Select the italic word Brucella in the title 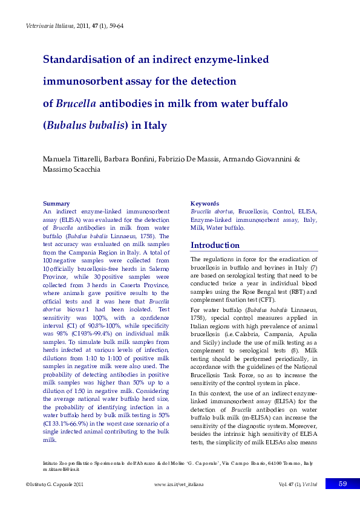click(76, 103)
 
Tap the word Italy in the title click(154, 126)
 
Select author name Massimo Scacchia click(71, 169)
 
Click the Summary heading click(56, 204)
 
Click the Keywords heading click(205, 204)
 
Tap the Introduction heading click(215, 245)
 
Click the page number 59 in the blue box click(342, 484)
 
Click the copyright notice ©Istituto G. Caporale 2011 click(58, 484)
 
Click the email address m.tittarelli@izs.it click(61, 469)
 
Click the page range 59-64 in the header click(116, 27)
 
